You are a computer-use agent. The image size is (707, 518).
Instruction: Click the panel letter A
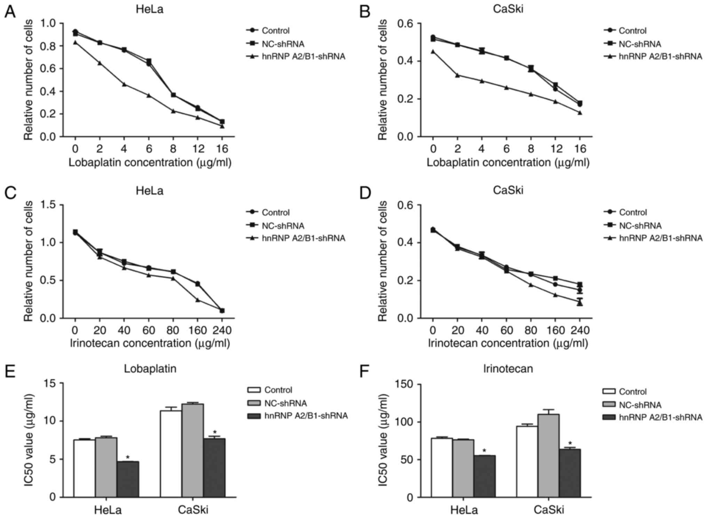point(10,12)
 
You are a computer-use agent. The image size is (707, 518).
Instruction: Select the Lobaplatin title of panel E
point(150,368)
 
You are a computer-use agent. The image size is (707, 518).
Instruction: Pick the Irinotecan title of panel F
point(508,368)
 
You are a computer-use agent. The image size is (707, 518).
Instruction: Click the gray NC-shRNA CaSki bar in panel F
point(548,455)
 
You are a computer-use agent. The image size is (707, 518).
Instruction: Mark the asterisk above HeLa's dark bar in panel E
point(128,457)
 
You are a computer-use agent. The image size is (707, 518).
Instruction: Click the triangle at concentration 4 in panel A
point(124,84)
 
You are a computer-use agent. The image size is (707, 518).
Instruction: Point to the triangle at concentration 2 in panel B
point(458,75)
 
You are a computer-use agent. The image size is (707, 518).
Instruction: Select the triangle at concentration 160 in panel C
point(198,300)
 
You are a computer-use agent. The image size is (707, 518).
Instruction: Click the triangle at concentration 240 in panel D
point(580,303)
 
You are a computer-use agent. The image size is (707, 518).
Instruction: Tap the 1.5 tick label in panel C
point(48,205)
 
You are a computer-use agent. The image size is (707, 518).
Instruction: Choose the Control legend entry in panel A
point(275,31)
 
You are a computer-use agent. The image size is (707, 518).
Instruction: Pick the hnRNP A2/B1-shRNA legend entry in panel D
point(660,238)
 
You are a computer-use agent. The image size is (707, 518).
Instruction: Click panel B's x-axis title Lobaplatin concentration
point(508,162)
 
